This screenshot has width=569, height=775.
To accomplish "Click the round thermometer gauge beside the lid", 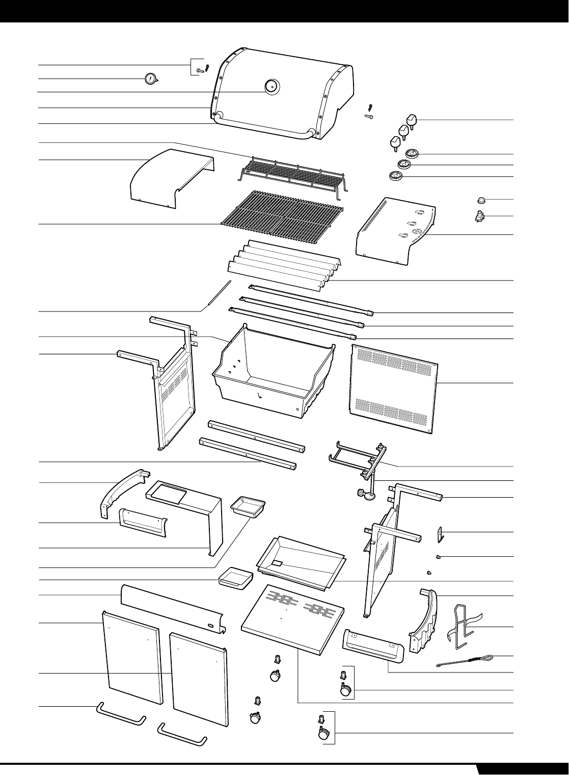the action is coord(151,79).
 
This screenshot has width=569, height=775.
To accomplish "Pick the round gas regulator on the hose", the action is coord(368,493).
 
